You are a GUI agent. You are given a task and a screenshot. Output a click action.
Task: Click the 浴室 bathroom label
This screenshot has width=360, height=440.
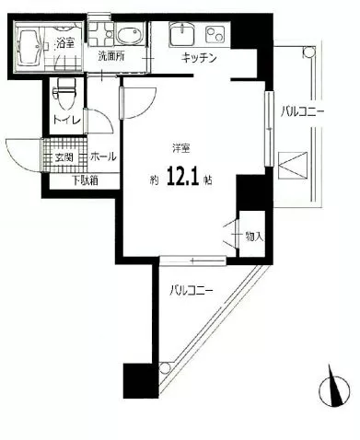click(x=64, y=43)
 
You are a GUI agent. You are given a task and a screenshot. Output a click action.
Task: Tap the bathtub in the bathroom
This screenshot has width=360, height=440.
click(x=29, y=48)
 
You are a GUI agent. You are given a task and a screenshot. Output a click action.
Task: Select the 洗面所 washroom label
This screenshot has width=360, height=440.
click(x=111, y=56)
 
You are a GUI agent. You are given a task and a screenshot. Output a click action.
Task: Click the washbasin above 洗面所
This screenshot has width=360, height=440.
click(x=129, y=35)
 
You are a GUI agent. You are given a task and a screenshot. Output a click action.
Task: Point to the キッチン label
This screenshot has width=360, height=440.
click(x=199, y=57)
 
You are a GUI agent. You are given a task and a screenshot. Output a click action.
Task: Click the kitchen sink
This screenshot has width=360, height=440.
click(x=183, y=33)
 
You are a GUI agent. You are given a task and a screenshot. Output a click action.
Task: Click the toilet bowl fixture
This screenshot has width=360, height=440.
click(x=64, y=94)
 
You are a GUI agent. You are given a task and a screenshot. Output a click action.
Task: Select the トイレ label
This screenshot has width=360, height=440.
click(x=66, y=120)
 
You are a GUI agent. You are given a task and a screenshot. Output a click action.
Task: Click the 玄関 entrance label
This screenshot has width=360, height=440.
click(x=64, y=157)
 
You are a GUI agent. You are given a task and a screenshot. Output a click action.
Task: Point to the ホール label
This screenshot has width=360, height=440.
click(x=103, y=156)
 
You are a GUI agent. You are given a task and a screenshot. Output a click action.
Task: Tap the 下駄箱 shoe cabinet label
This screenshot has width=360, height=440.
click(x=85, y=180)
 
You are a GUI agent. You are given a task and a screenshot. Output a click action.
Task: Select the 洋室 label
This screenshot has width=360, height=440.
click(x=181, y=148)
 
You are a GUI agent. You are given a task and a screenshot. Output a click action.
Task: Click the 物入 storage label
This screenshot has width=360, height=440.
click(x=254, y=236)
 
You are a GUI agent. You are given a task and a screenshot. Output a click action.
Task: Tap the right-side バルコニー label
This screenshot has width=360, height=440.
click(x=302, y=111)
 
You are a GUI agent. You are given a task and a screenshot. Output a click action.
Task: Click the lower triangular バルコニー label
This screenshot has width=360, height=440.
click(x=192, y=290)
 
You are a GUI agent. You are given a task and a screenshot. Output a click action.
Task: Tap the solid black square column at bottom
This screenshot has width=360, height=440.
click(x=138, y=380)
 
